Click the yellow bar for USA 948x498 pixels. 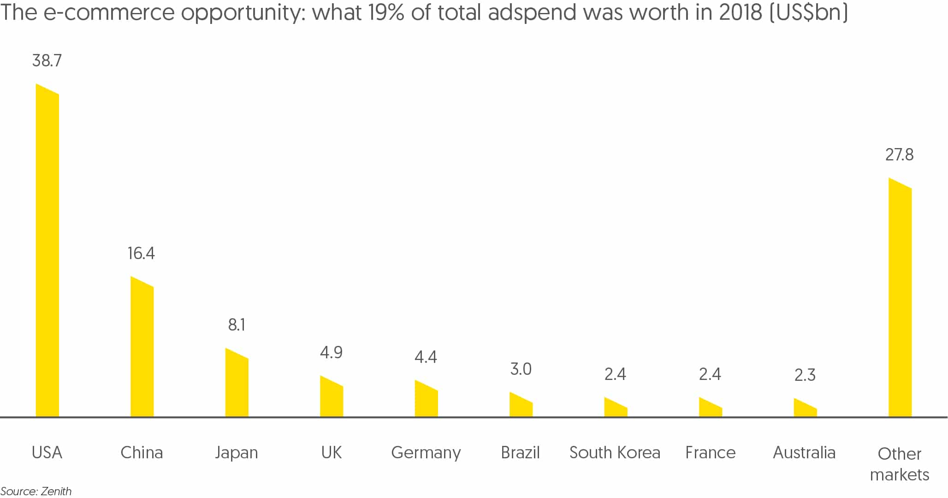pyautogui.click(x=47, y=254)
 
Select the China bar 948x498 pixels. pyautogui.click(x=142, y=350)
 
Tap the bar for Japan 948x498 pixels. pyautogui.click(x=237, y=385)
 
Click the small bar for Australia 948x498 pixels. pyautogui.click(x=805, y=409)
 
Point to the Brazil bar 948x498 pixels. pyautogui.click(x=521, y=406)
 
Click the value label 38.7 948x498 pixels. pyautogui.click(x=47, y=60)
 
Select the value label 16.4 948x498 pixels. pyautogui.click(x=141, y=253)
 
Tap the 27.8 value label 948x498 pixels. pyautogui.click(x=899, y=154)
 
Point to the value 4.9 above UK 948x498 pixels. pyautogui.click(x=331, y=353)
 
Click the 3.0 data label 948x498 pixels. pyautogui.click(x=521, y=369)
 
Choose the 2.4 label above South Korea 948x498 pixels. pyautogui.click(x=615, y=374)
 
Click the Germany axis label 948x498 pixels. pyautogui.click(x=426, y=453)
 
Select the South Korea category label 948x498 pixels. pyautogui.click(x=615, y=453)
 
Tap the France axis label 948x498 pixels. pyautogui.click(x=710, y=453)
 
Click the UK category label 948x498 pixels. pyautogui.click(x=331, y=453)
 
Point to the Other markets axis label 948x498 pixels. pyautogui.click(x=899, y=464)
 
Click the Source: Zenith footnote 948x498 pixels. pyautogui.click(x=36, y=491)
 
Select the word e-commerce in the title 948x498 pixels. pyautogui.click(x=109, y=12)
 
